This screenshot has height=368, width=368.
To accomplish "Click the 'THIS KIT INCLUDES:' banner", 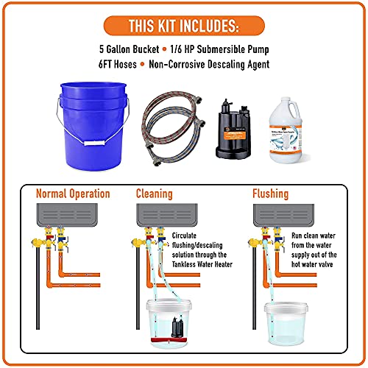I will click(x=183, y=26).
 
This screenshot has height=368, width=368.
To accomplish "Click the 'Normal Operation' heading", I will click(x=74, y=194).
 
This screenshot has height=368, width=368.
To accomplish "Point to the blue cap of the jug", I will click(x=298, y=97).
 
